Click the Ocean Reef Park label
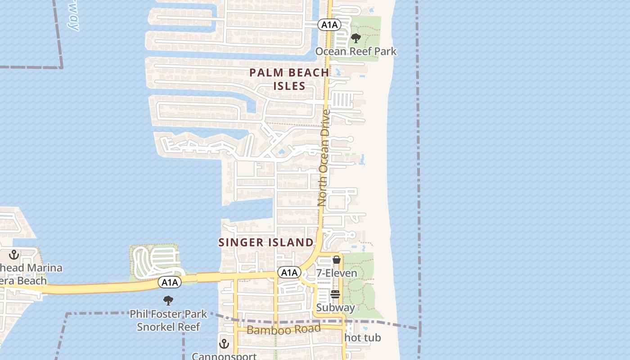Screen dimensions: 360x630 pos(355,51)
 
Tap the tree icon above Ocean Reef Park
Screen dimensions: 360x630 pos(355,38)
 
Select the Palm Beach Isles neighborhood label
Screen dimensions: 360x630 pos(289,79)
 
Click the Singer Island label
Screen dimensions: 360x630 pos(266,243)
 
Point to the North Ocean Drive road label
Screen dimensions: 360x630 pos(324,157)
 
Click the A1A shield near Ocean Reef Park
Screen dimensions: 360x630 pos(328,25)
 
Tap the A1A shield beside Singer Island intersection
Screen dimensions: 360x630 pos(289,272)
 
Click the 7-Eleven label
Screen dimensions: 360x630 pos(337,273)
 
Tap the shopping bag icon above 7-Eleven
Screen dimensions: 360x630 pos(336,260)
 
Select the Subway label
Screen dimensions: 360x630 pos(335,308)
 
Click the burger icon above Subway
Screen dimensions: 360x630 pos(335,295)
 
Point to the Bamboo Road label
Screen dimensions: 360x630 pos(283,329)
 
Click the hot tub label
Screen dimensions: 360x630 pos(363,337)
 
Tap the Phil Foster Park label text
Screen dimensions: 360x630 pos(168,314)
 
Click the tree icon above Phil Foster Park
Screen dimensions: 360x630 pos(168,301)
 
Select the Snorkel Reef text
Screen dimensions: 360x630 pos(168,327)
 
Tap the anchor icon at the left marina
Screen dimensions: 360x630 pos(14,255)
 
